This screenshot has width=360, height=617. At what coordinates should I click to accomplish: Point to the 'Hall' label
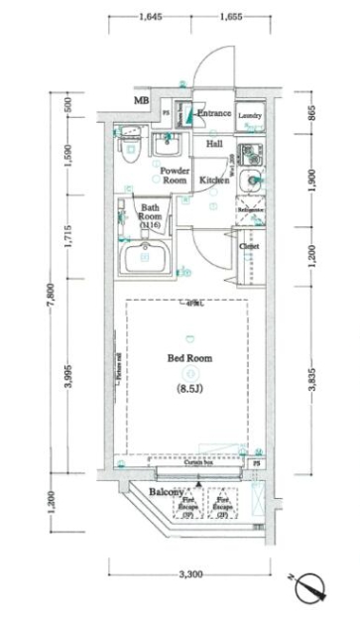214,145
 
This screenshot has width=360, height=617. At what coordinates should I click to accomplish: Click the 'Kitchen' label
215,181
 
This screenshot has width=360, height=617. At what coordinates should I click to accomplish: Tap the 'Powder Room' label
175,176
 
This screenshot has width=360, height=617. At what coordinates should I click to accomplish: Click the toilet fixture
127,154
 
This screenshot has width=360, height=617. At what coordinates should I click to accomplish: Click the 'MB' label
142,100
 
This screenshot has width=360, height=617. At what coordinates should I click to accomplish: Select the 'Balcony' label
166,492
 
